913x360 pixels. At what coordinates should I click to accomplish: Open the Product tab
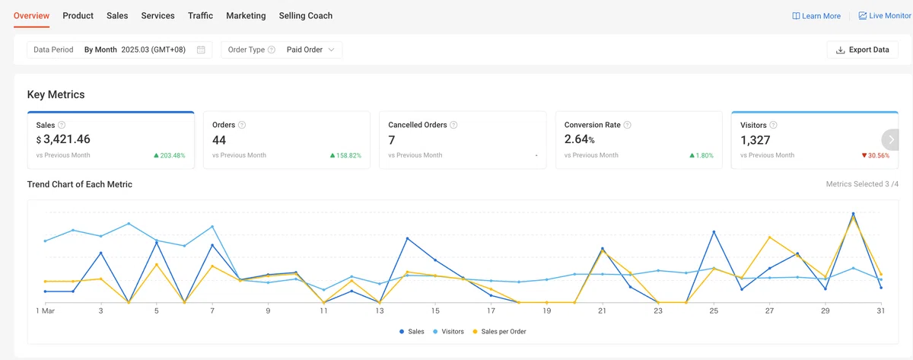78,15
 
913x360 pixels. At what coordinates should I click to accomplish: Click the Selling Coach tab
306,15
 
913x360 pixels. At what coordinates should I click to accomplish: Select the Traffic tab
200,15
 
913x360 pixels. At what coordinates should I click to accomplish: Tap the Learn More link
816,16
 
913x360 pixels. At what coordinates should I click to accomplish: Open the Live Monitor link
885,15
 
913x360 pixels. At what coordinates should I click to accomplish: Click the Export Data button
863,49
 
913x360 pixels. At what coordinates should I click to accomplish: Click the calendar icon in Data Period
201,49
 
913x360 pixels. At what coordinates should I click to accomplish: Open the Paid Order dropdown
310,49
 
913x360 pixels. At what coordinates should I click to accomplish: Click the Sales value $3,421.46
63,139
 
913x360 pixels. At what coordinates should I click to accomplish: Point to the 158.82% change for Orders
345,155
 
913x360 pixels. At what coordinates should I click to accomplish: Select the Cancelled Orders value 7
392,140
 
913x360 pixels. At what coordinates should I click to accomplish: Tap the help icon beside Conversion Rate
627,125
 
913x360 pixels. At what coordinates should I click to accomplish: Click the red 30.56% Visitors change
876,155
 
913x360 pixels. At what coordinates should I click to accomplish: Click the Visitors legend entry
448,332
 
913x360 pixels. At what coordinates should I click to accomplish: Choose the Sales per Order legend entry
499,332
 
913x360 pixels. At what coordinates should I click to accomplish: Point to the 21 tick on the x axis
602,311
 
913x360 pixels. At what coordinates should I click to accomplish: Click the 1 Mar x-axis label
45,311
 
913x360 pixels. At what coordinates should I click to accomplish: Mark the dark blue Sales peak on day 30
853,214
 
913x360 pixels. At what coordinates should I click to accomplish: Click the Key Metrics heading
56,94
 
